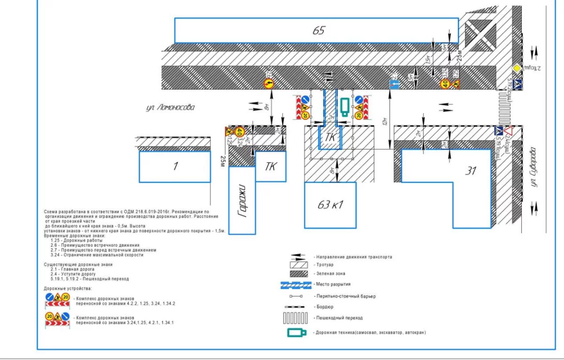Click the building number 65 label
pyautogui.click(x=319, y=31)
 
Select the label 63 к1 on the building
pyautogui.click(x=330, y=205)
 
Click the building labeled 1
pyautogui.click(x=175, y=166)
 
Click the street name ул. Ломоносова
pyautogui.click(x=170, y=108)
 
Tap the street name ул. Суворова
pyautogui.click(x=533, y=167)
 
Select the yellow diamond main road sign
pyautogui.click(x=517, y=69)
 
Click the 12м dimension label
pyautogui.click(x=385, y=122)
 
